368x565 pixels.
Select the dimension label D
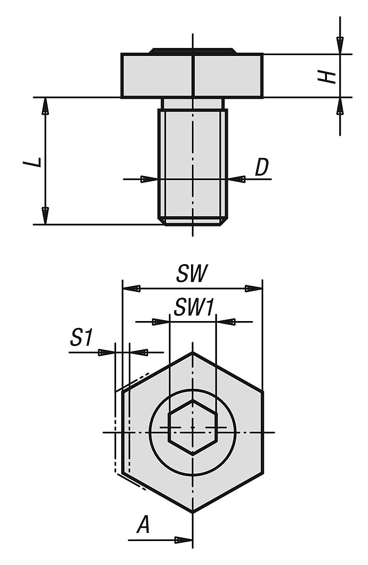point(261,168)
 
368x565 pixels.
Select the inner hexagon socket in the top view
point(192,428)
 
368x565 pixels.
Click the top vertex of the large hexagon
point(192,352)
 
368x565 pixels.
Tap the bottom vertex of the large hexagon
point(192,512)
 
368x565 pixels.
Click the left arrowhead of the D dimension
point(149,179)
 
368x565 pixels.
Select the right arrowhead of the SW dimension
point(253,289)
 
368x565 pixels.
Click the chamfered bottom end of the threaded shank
point(192,221)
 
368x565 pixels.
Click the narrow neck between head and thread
point(192,104)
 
